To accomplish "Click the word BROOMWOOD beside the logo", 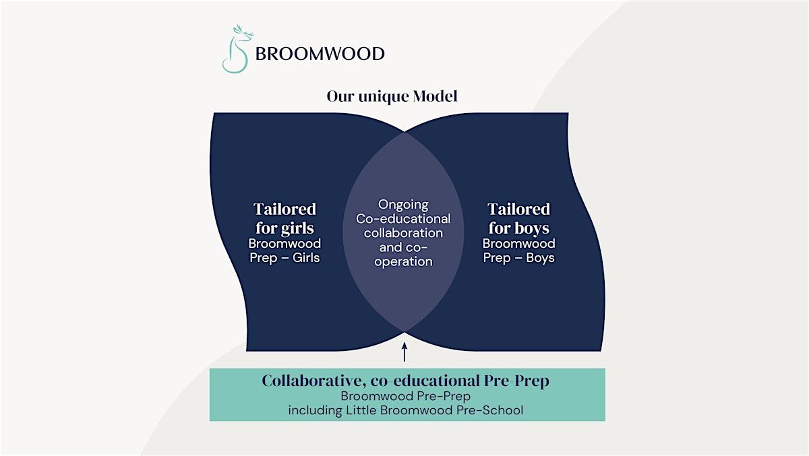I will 320,53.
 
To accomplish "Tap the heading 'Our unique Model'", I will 392,96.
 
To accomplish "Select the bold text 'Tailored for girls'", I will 284,218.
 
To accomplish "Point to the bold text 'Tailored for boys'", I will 518,218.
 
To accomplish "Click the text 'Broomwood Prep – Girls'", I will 284,251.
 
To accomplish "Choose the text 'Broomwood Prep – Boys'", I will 518,251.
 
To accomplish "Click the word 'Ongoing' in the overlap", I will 403,205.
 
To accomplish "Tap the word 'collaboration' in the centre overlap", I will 403,233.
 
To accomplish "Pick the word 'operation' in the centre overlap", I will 403,262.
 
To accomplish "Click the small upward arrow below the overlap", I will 404,353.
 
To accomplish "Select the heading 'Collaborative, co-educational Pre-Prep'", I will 405,381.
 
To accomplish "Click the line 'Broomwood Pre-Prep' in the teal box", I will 405,397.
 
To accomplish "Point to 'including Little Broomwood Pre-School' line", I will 405,410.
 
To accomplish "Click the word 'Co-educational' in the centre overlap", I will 403,219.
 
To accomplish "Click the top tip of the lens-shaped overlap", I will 404,133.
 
